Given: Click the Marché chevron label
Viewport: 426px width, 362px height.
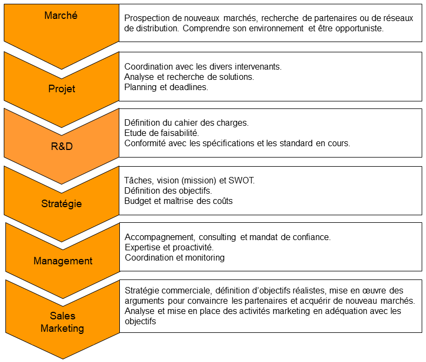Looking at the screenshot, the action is click(61, 16).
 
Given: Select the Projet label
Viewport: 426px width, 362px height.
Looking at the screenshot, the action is click(62, 89).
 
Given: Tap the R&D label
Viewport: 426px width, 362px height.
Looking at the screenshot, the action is click(62, 146).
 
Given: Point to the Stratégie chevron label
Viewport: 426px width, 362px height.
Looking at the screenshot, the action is click(62, 204).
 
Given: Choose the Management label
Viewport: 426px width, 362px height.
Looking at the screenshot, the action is click(63, 261).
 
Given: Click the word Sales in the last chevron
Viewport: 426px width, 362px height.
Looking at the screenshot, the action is click(63, 316).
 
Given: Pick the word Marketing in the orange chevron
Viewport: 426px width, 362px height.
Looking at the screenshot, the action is click(62, 329).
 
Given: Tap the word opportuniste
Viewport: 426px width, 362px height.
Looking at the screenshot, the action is click(360, 28).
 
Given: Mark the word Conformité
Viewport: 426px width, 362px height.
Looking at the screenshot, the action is click(145, 144).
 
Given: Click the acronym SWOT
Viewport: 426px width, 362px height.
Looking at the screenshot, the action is click(241, 180).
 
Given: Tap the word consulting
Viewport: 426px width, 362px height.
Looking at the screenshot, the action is click(218, 237).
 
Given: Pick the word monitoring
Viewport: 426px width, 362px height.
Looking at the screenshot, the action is click(205, 258).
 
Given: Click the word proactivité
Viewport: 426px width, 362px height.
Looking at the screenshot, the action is click(193, 248).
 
